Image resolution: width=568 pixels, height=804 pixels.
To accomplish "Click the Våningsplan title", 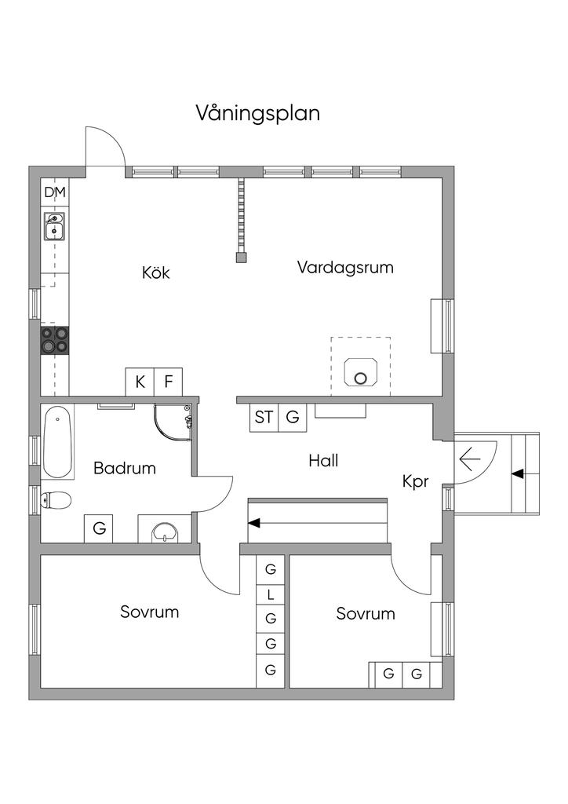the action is click(258, 114).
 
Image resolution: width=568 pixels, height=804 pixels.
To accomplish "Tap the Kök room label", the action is click(155, 272).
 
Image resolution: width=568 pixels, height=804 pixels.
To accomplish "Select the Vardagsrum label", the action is click(345, 268).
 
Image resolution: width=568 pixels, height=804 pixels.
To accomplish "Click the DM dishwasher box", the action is click(55, 193).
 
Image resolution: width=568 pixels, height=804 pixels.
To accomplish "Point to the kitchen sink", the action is click(54, 226).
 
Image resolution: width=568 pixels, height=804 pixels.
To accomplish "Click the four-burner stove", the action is click(55, 340).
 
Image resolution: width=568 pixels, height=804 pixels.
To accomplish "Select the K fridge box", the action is click(140, 382).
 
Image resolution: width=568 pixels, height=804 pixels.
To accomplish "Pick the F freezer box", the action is click(168, 382).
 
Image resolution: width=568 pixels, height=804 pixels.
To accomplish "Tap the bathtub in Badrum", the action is click(56, 442).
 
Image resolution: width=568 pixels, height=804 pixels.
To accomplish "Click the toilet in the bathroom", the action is click(56, 500).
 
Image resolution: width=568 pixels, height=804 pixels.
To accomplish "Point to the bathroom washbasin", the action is click(165, 532).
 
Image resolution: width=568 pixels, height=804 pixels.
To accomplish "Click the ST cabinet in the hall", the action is click(264, 418).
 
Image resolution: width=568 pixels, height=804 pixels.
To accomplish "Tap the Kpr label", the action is click(415, 482).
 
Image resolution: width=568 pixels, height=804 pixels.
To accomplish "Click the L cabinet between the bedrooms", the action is click(271, 595).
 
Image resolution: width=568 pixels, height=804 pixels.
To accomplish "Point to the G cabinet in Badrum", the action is click(100, 528).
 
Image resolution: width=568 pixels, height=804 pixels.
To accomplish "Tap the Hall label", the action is click(324, 460).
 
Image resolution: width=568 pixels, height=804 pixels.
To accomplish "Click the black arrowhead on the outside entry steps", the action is click(518, 474).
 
